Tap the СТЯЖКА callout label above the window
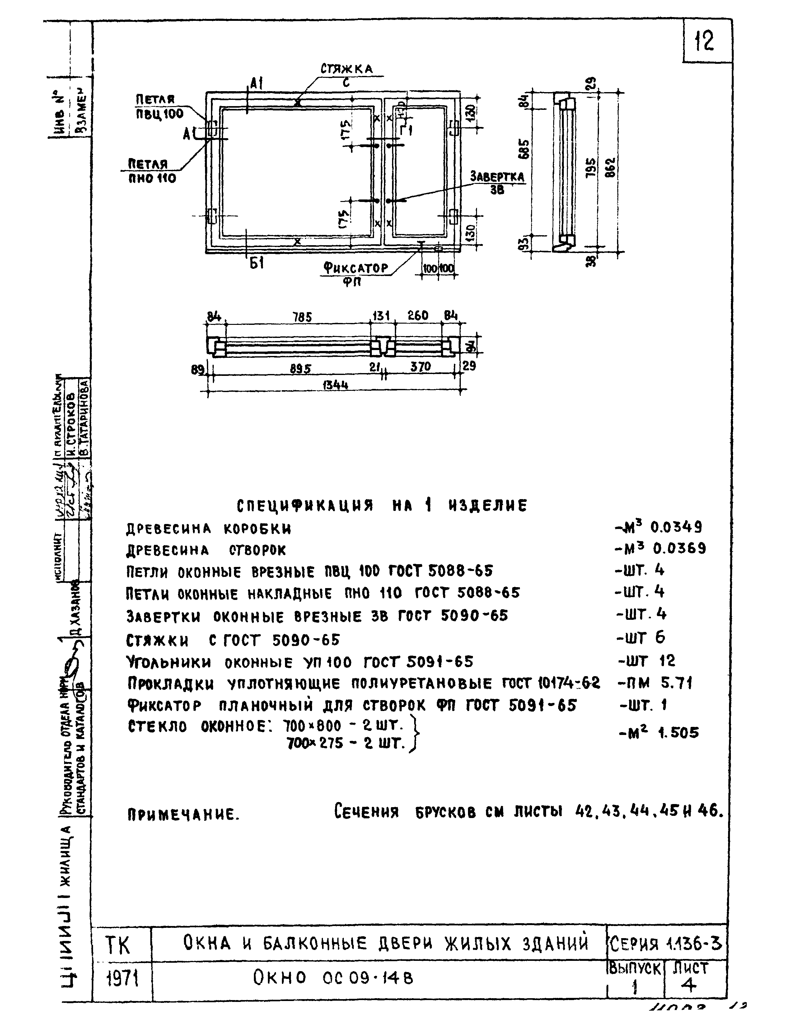(x=347, y=69)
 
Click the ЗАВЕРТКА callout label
(x=497, y=177)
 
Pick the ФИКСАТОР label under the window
(x=356, y=269)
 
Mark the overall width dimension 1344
(x=335, y=385)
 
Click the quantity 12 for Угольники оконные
(x=667, y=661)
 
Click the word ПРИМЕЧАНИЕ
(x=183, y=815)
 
